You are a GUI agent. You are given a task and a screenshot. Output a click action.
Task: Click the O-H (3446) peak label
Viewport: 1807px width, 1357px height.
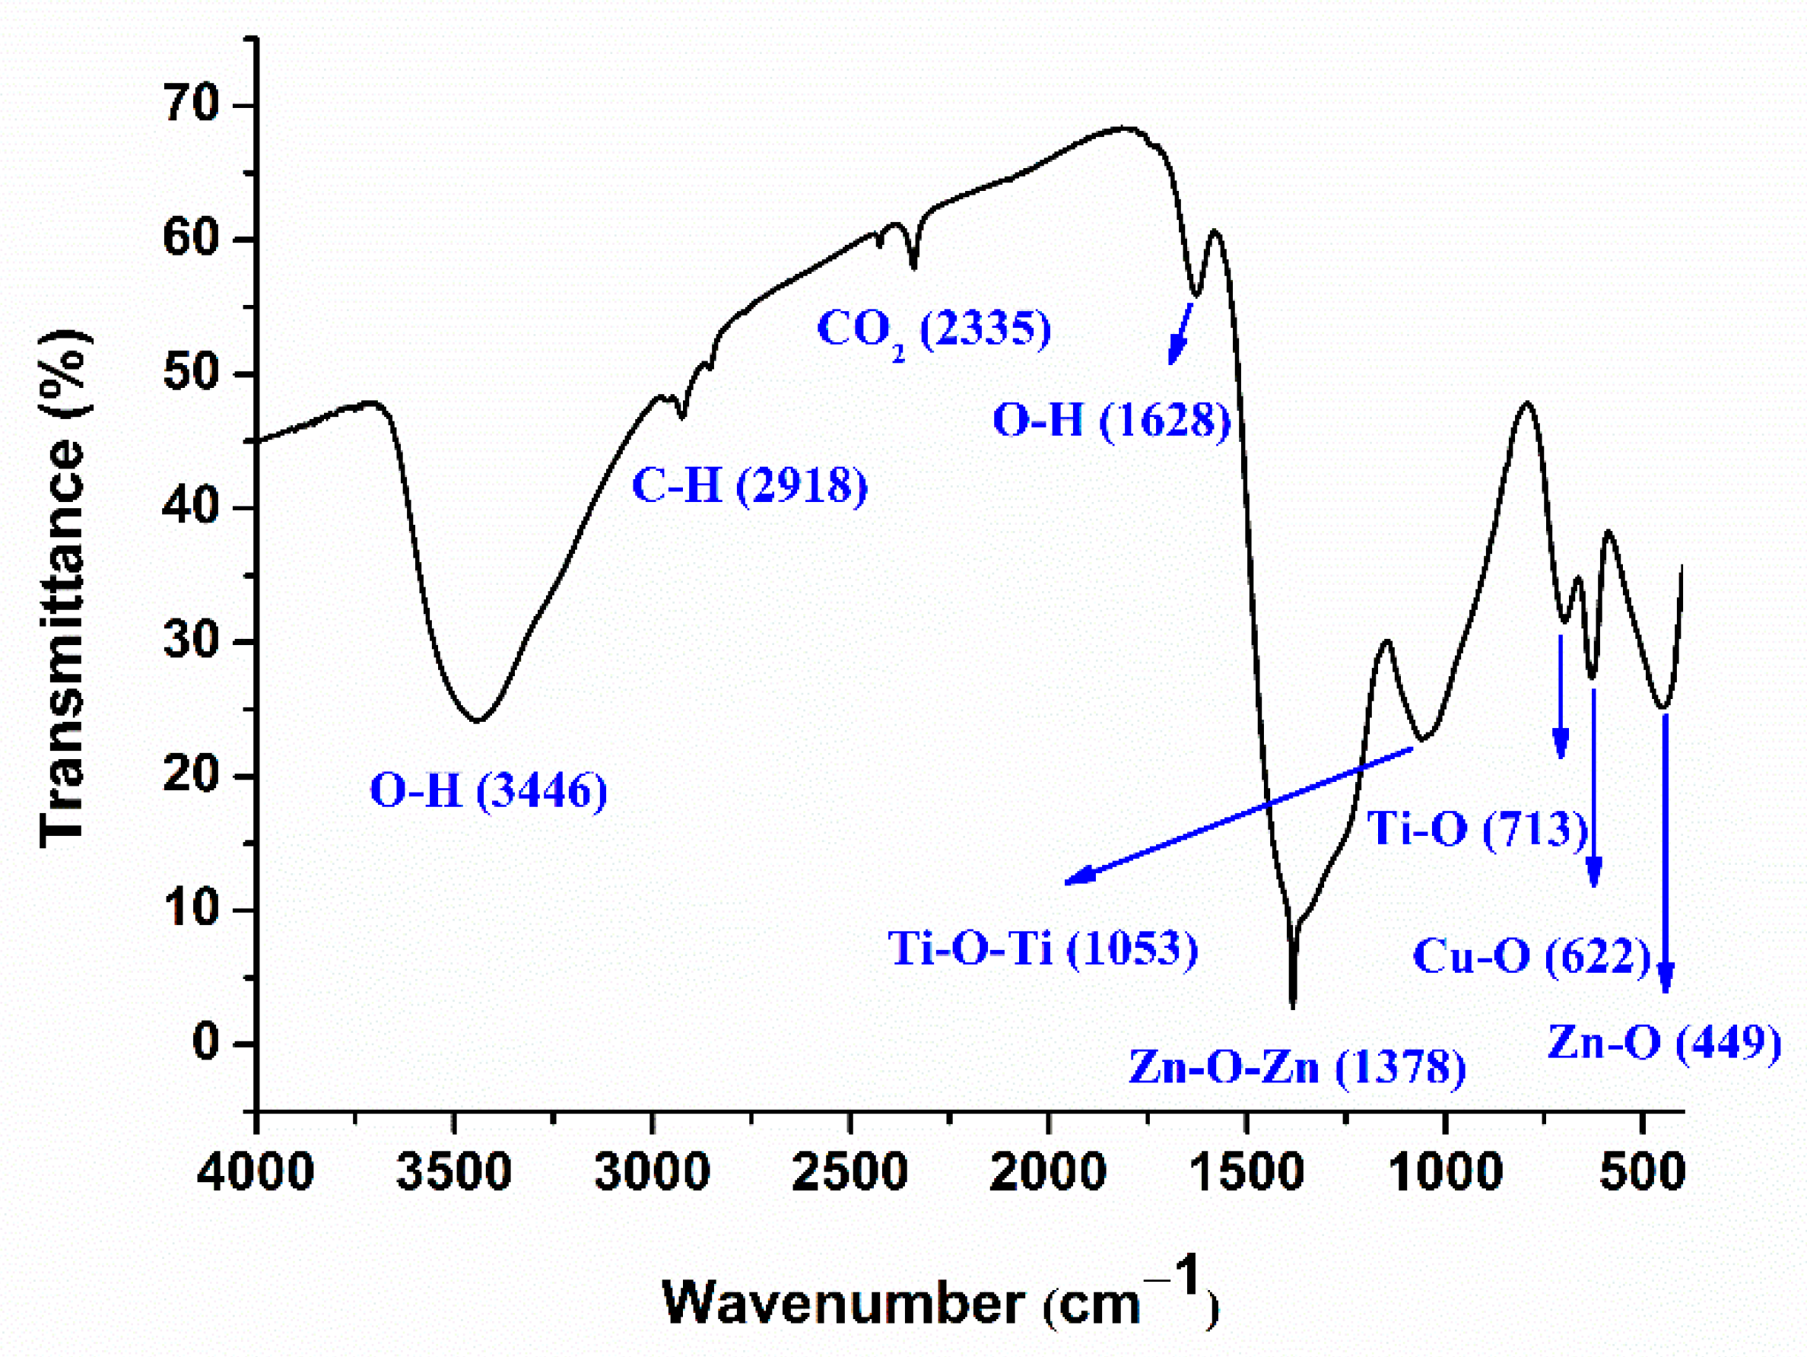tap(488, 791)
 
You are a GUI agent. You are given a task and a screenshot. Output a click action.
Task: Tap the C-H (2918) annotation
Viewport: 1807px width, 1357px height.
tap(749, 487)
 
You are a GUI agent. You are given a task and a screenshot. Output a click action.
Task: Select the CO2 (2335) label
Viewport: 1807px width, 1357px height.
tap(934, 331)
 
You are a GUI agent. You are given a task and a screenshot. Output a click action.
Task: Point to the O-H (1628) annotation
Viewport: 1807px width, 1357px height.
tap(1111, 421)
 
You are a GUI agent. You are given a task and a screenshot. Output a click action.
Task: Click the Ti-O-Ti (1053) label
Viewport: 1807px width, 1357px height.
tap(1043, 949)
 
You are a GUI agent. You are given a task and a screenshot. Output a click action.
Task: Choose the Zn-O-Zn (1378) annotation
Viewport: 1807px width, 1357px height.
tap(1297, 1068)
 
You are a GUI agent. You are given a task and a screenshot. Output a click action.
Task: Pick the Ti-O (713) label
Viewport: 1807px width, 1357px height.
tap(1477, 829)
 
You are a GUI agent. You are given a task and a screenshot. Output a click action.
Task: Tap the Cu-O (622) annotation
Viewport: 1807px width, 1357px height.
tap(1532, 955)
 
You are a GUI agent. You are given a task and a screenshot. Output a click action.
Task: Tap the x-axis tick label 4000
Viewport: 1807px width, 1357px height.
tap(256, 1171)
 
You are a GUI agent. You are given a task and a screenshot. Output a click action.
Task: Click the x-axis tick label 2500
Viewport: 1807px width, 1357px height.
tap(850, 1171)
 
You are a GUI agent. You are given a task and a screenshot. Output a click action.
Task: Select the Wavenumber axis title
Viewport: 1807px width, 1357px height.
tap(939, 1302)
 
